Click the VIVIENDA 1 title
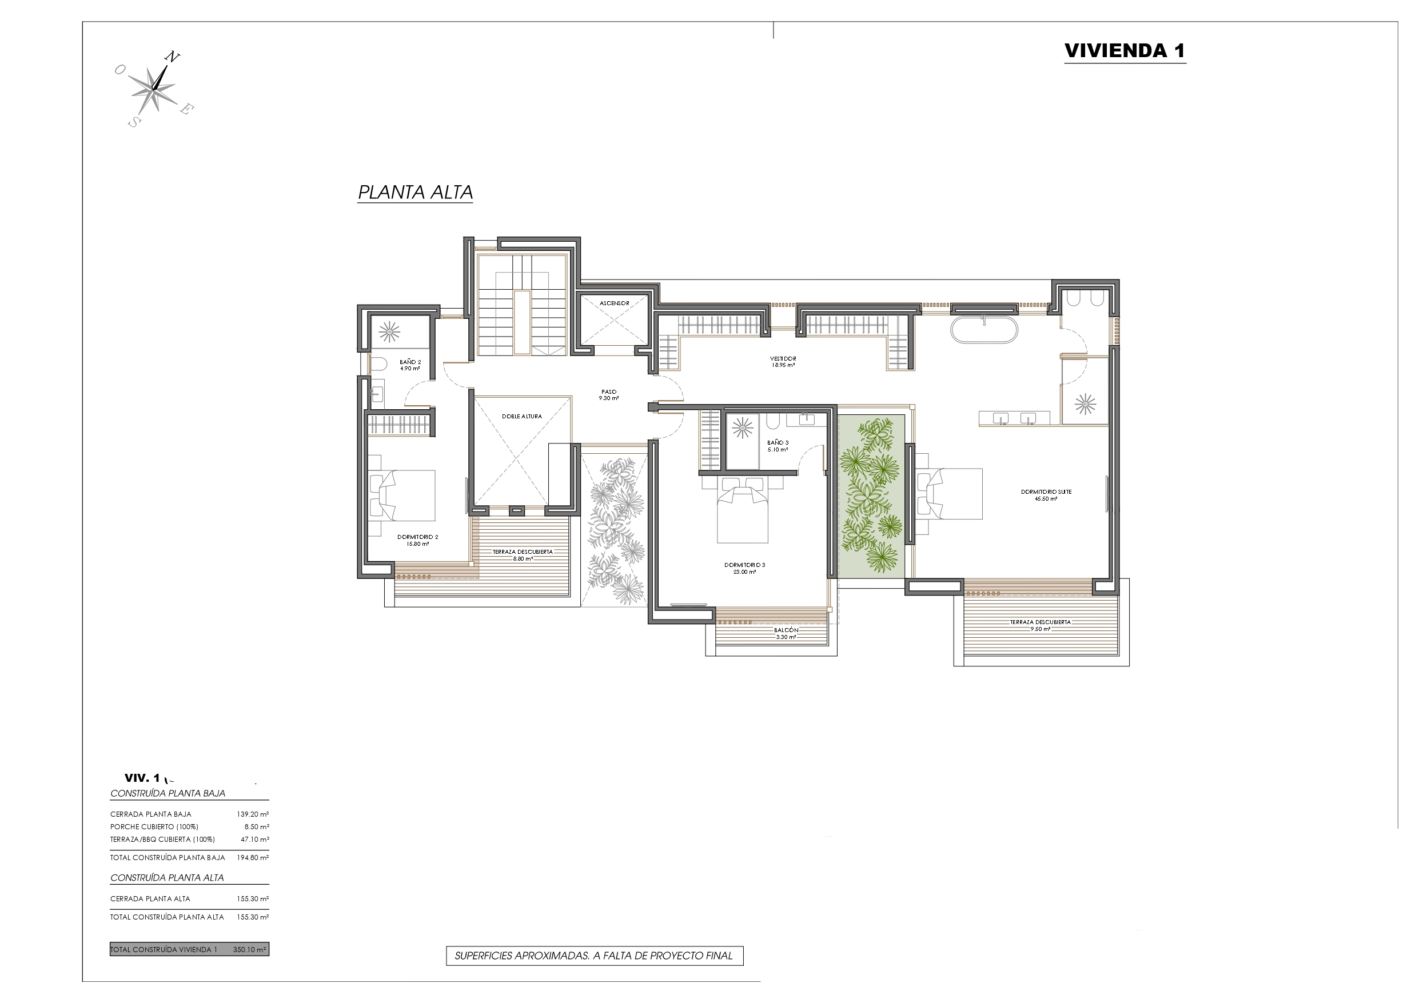pos(1125,51)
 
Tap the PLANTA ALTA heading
pos(415,192)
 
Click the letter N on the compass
pos(173,58)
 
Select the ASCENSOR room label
pos(615,303)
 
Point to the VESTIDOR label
pos(783,358)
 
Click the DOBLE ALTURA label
pos(521,417)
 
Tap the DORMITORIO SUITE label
pos(1046,492)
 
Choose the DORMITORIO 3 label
pos(745,565)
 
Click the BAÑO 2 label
pos(410,362)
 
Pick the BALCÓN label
pos(786,630)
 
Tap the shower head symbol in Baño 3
pos(742,428)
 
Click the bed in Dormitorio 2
pos(402,495)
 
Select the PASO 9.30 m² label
pos(609,395)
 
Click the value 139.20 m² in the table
pos(253,814)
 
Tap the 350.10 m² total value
pos(250,950)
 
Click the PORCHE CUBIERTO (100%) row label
pos(154,827)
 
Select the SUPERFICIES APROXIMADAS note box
pos(595,956)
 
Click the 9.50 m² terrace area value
pos(1040,629)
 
